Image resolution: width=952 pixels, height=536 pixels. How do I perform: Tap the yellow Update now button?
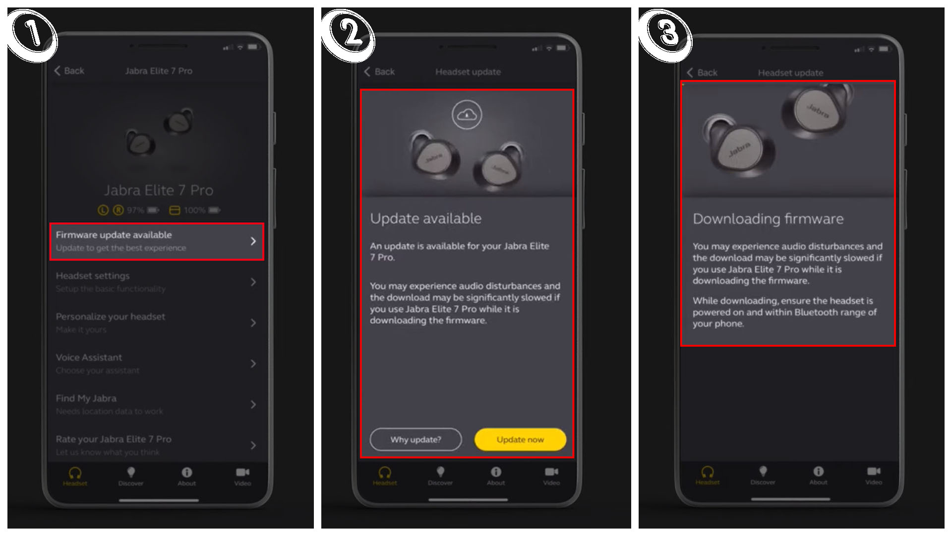coord(520,440)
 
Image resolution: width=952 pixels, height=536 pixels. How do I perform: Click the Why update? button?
coord(416,440)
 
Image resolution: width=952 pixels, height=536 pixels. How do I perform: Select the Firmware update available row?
coord(157,242)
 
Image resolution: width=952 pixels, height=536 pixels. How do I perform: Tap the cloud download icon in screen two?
coord(467,115)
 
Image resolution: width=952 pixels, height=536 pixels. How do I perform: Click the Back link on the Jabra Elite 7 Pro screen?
coord(69,71)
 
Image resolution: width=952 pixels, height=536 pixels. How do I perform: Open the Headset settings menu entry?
coord(157,282)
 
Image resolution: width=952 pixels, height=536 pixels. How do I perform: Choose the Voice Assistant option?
coord(157,363)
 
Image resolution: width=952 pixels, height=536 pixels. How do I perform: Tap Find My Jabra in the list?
coord(157,404)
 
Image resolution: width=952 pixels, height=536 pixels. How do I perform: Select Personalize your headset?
coord(157,323)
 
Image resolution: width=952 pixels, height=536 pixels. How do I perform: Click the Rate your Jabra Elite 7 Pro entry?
coord(157,445)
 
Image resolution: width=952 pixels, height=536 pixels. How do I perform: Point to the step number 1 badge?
coord(33,35)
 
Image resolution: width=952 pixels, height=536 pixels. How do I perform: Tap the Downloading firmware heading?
coord(768,219)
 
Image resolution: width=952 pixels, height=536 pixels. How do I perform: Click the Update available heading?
coord(425,218)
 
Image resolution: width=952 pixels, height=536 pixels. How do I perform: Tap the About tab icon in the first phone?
coord(186,475)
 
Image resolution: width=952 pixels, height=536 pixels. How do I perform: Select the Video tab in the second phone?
coord(551,475)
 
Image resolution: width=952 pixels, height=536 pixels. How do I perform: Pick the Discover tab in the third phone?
coord(763,475)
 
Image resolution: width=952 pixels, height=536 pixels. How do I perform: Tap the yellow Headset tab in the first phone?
coord(75,476)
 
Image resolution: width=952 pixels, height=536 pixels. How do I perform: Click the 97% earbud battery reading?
coord(135,210)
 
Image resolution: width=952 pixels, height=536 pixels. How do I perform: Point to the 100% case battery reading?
coord(194,210)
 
